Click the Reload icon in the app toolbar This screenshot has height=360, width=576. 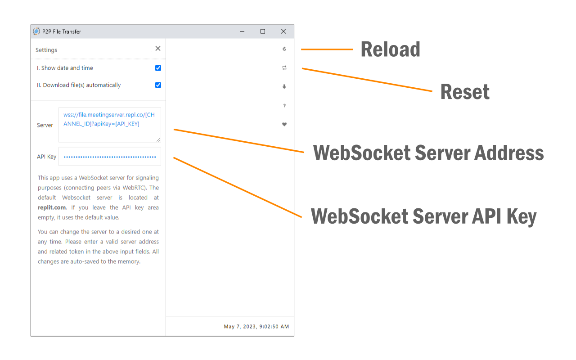click(284, 49)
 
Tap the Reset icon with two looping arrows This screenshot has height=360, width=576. click(284, 68)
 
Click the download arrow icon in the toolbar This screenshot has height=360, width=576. click(284, 87)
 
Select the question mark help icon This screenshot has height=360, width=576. click(284, 106)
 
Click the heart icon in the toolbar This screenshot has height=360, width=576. click(284, 125)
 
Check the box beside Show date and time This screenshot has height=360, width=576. click(158, 68)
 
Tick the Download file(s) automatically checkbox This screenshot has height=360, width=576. click(158, 85)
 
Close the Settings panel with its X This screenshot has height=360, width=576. click(157, 49)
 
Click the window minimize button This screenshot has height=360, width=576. click(242, 31)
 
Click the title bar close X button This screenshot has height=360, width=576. click(283, 31)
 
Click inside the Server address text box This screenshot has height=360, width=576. click(109, 125)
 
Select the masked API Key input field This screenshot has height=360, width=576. click(109, 157)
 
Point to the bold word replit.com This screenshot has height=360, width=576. click(52, 207)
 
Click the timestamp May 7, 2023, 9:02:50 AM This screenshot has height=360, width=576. click(256, 327)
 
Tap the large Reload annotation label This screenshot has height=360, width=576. click(390, 49)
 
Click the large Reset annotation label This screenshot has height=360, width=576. click(464, 92)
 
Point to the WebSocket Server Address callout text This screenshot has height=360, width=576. click(428, 153)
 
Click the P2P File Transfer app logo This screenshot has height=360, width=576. click(36, 31)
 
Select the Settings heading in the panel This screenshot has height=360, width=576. click(46, 50)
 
